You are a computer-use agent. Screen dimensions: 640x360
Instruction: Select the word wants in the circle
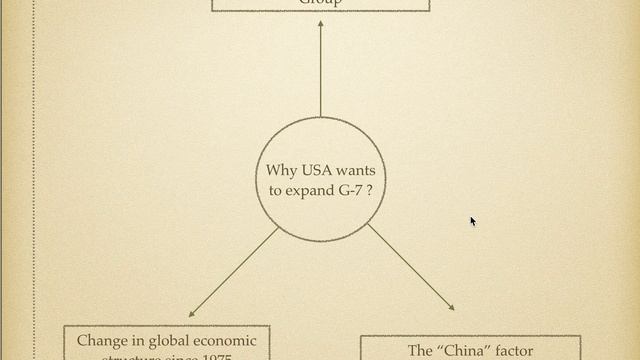pyautogui.click(x=356, y=171)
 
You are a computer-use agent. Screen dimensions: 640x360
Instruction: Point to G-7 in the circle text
pyautogui.click(x=350, y=189)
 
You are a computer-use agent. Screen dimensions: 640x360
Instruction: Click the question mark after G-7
pyautogui.click(x=371, y=189)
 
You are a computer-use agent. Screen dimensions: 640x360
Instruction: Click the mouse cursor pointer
pyautogui.click(x=473, y=221)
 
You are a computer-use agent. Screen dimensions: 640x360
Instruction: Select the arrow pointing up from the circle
pyautogui.click(x=320, y=70)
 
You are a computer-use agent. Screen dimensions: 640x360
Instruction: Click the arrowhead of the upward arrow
pyautogui.click(x=320, y=24)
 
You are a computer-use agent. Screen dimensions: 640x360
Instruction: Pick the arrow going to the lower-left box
pyautogui.click(x=234, y=272)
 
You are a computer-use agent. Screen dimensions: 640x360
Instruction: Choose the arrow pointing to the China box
pyautogui.click(x=410, y=267)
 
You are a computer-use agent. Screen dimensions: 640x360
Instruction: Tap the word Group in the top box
pyautogui.click(x=320, y=3)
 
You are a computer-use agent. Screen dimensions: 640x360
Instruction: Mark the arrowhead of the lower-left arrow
pyautogui.click(x=192, y=314)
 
